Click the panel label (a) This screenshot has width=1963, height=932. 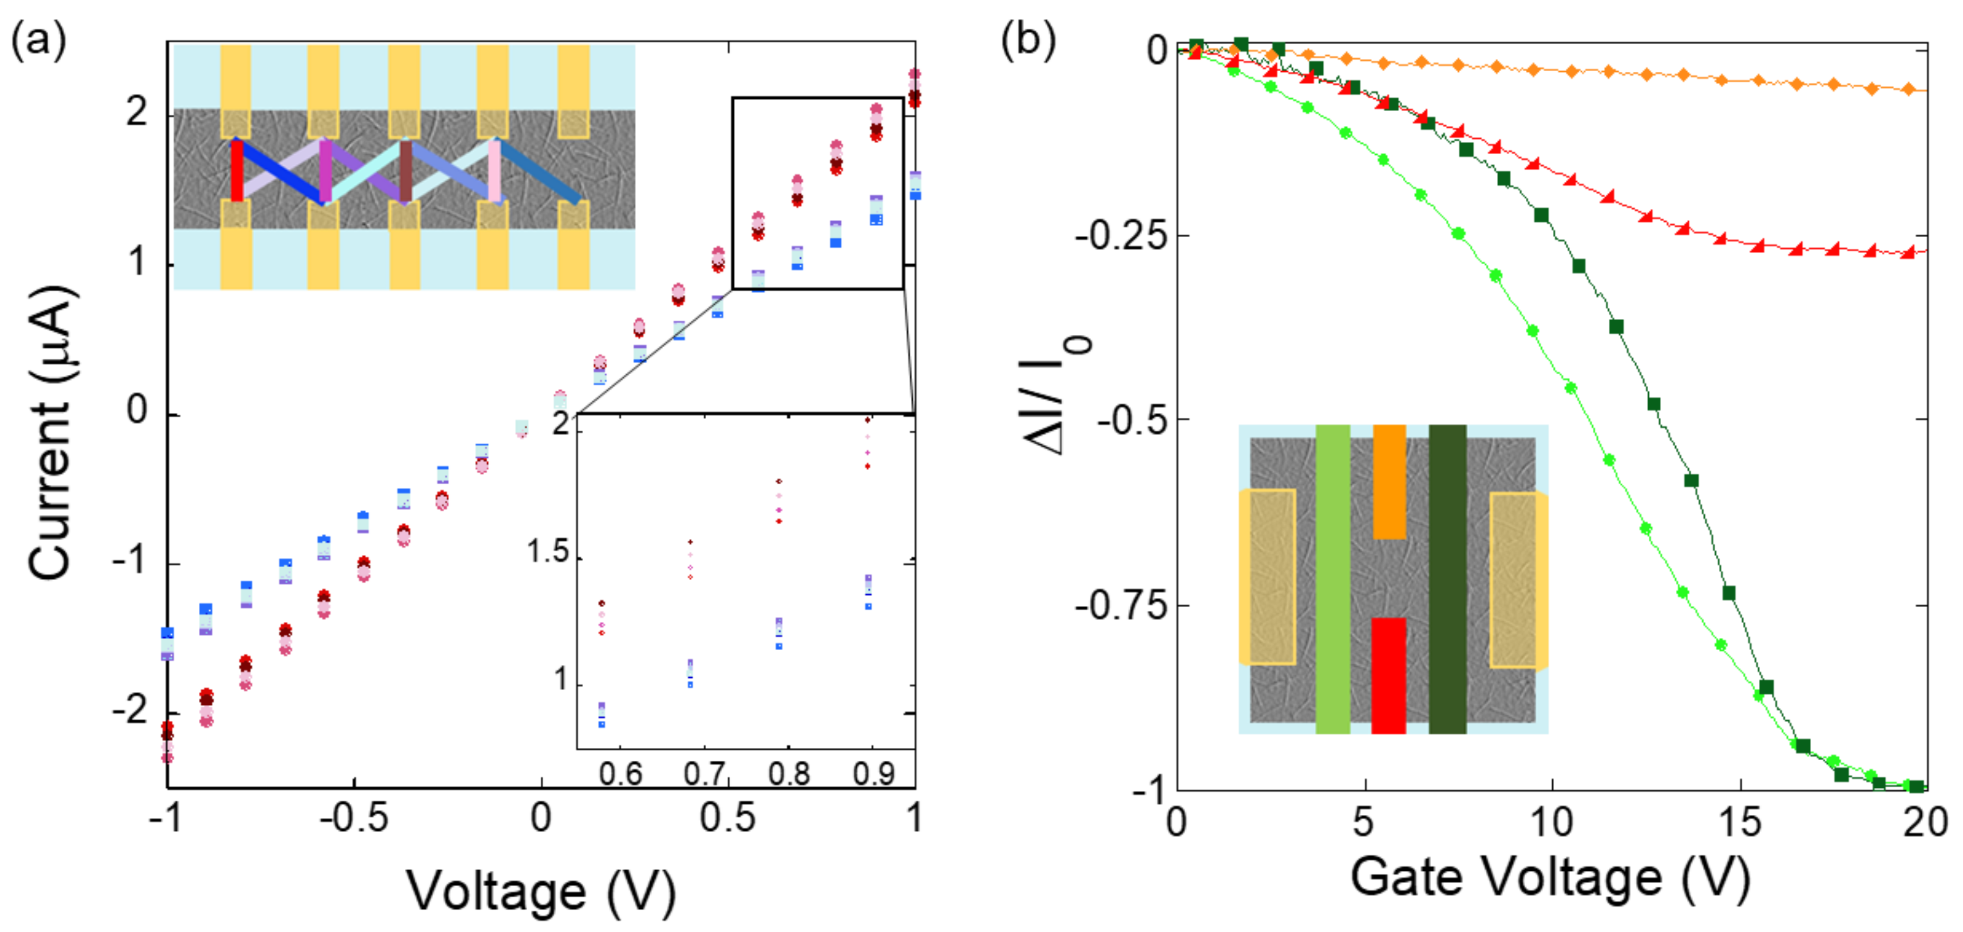click(x=38, y=39)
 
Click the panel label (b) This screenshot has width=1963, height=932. click(x=1028, y=39)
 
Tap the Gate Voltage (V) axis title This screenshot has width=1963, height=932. click(x=1551, y=877)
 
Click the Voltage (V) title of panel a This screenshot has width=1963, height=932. click(x=541, y=890)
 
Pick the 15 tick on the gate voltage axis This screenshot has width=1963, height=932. click(x=1741, y=822)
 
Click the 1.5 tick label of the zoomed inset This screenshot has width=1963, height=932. click(x=548, y=552)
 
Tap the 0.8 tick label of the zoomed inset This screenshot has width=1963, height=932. click(x=788, y=774)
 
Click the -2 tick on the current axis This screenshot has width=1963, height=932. click(x=130, y=712)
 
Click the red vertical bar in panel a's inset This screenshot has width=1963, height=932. click(x=237, y=171)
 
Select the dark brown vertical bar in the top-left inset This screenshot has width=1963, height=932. click(x=405, y=171)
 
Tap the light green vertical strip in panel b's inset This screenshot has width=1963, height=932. click(x=1332, y=579)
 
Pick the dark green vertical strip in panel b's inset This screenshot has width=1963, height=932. click(x=1447, y=579)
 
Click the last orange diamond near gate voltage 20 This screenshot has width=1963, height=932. click(x=1909, y=89)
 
